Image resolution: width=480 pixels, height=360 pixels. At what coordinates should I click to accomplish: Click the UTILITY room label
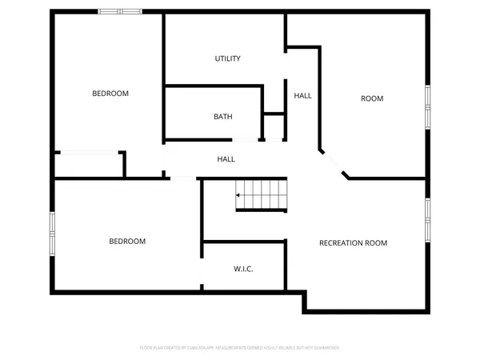point(228,58)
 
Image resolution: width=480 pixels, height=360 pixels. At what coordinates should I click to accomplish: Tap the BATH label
point(223,117)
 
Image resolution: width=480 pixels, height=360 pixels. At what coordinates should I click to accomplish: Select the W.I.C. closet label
point(243,269)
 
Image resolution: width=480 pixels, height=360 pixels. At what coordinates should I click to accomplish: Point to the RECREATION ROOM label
point(353,242)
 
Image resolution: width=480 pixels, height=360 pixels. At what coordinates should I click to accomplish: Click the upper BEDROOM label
point(110,94)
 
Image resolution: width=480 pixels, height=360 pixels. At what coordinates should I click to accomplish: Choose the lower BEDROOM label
point(127,241)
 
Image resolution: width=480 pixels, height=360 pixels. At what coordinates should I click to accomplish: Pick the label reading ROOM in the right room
point(372,98)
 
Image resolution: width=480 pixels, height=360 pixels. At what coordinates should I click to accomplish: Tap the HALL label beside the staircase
point(226,159)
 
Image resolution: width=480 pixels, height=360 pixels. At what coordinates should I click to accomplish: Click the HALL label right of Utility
point(302,95)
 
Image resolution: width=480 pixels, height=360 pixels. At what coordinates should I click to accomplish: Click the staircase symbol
point(260,195)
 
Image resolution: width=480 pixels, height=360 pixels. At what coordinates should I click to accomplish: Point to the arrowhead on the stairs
point(238,194)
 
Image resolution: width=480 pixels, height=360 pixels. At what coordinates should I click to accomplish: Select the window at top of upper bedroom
point(120,11)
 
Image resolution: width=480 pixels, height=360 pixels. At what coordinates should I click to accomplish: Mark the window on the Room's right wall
point(428,108)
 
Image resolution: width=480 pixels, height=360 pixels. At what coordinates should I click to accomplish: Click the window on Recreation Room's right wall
point(428,220)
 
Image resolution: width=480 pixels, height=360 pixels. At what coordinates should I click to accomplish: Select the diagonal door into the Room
point(334,163)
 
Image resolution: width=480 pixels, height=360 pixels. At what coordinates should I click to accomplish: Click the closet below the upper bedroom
point(88,165)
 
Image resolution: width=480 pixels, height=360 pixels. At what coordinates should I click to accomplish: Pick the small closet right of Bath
point(274,126)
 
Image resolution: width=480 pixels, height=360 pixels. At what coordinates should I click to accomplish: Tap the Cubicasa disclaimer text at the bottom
point(240,348)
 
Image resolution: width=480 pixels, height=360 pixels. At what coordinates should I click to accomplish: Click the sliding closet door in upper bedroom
point(88,152)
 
